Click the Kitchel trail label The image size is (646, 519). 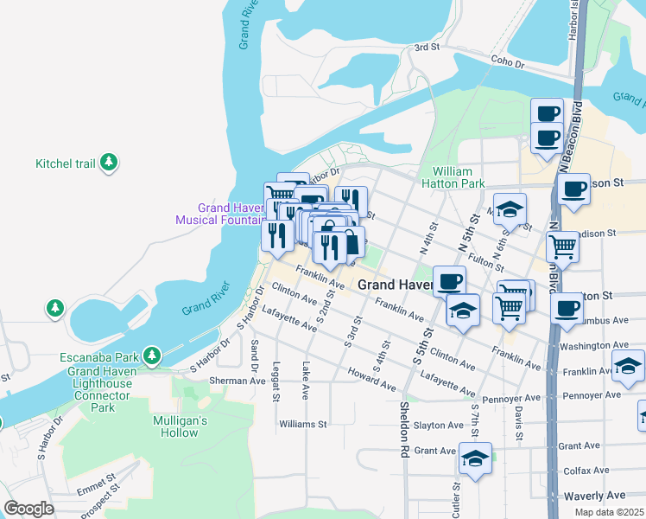65,163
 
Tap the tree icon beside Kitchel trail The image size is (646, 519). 109,162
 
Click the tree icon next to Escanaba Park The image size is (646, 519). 152,356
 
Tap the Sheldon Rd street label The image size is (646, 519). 403,429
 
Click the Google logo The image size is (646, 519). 28,509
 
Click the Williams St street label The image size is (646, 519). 303,425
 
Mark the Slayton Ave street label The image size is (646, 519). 439,425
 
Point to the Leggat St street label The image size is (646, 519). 277,381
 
